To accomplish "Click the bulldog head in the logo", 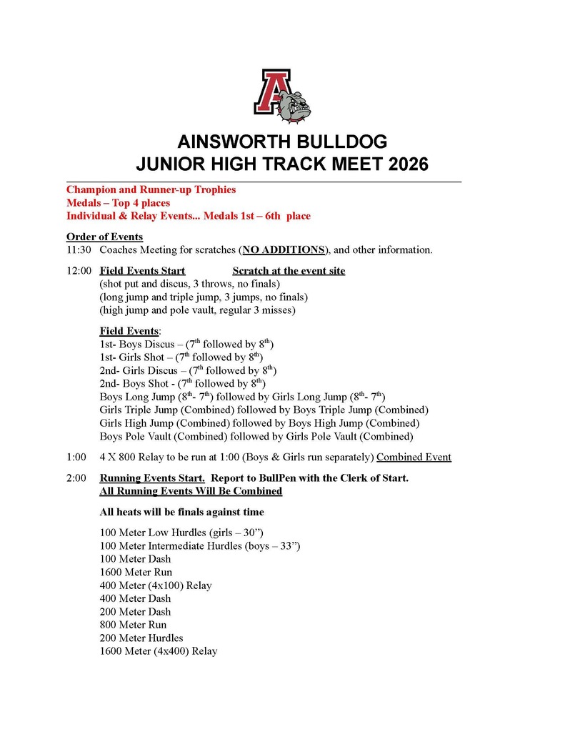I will click(296, 104).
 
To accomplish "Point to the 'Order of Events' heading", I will click(104, 237).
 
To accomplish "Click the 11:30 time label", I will click(79, 250).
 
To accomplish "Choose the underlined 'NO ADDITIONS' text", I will click(284, 250).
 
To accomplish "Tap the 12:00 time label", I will click(79, 271).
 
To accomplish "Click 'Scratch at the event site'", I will click(289, 271).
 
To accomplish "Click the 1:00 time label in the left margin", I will click(76, 457).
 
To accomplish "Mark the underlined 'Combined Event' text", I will click(414, 457).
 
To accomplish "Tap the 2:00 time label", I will click(76, 478).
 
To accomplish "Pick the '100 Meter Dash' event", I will click(136, 559).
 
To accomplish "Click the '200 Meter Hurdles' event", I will click(141, 638).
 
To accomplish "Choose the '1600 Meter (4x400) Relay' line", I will click(159, 651).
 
